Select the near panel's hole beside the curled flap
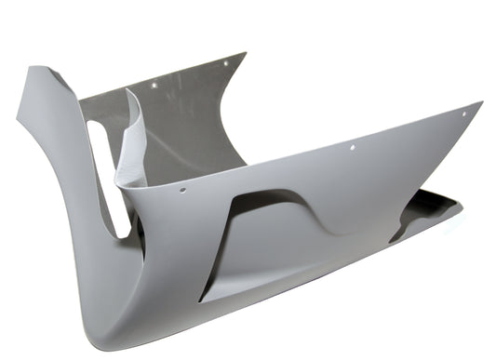click(182, 190)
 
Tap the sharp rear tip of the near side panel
click(480, 103)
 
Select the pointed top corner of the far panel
click(245, 53)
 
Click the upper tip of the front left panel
click(34, 69)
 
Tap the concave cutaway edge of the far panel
click(223, 112)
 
